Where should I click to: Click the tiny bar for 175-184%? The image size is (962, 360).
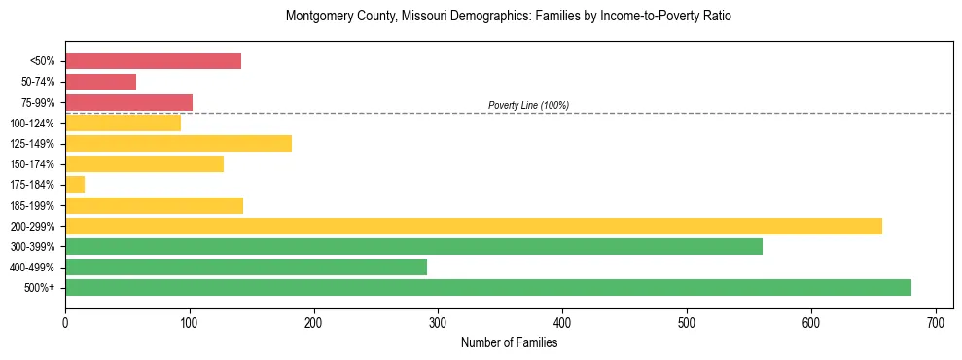[75, 184]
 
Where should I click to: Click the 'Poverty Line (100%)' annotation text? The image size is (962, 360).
[528, 105]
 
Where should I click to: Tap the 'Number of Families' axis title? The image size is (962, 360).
[509, 342]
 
